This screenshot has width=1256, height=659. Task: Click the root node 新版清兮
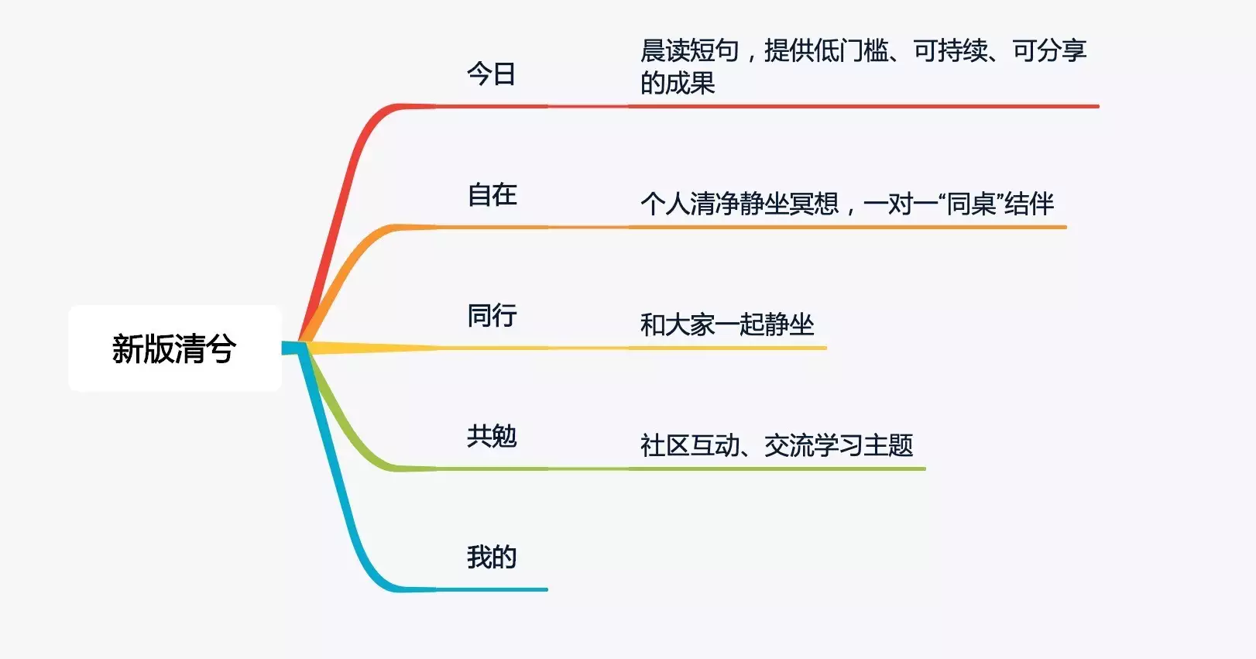click(x=174, y=348)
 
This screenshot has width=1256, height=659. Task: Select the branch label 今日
click(x=491, y=74)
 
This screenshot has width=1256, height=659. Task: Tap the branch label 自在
click(x=492, y=194)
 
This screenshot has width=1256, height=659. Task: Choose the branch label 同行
click(x=492, y=315)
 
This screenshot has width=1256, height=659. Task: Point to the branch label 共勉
click(x=492, y=436)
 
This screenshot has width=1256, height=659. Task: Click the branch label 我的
click(x=492, y=557)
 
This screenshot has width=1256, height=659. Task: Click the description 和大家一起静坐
click(x=726, y=324)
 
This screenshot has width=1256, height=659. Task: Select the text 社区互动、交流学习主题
click(x=777, y=445)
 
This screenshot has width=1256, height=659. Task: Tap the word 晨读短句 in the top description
click(x=690, y=50)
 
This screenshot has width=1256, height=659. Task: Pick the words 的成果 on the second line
click(x=678, y=83)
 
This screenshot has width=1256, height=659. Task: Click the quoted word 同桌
click(x=970, y=204)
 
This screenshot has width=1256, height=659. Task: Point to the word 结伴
click(x=1029, y=204)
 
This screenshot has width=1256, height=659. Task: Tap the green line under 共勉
click(x=617, y=469)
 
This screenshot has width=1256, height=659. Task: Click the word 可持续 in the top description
click(x=951, y=50)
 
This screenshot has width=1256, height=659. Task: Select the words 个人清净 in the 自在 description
click(x=690, y=204)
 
